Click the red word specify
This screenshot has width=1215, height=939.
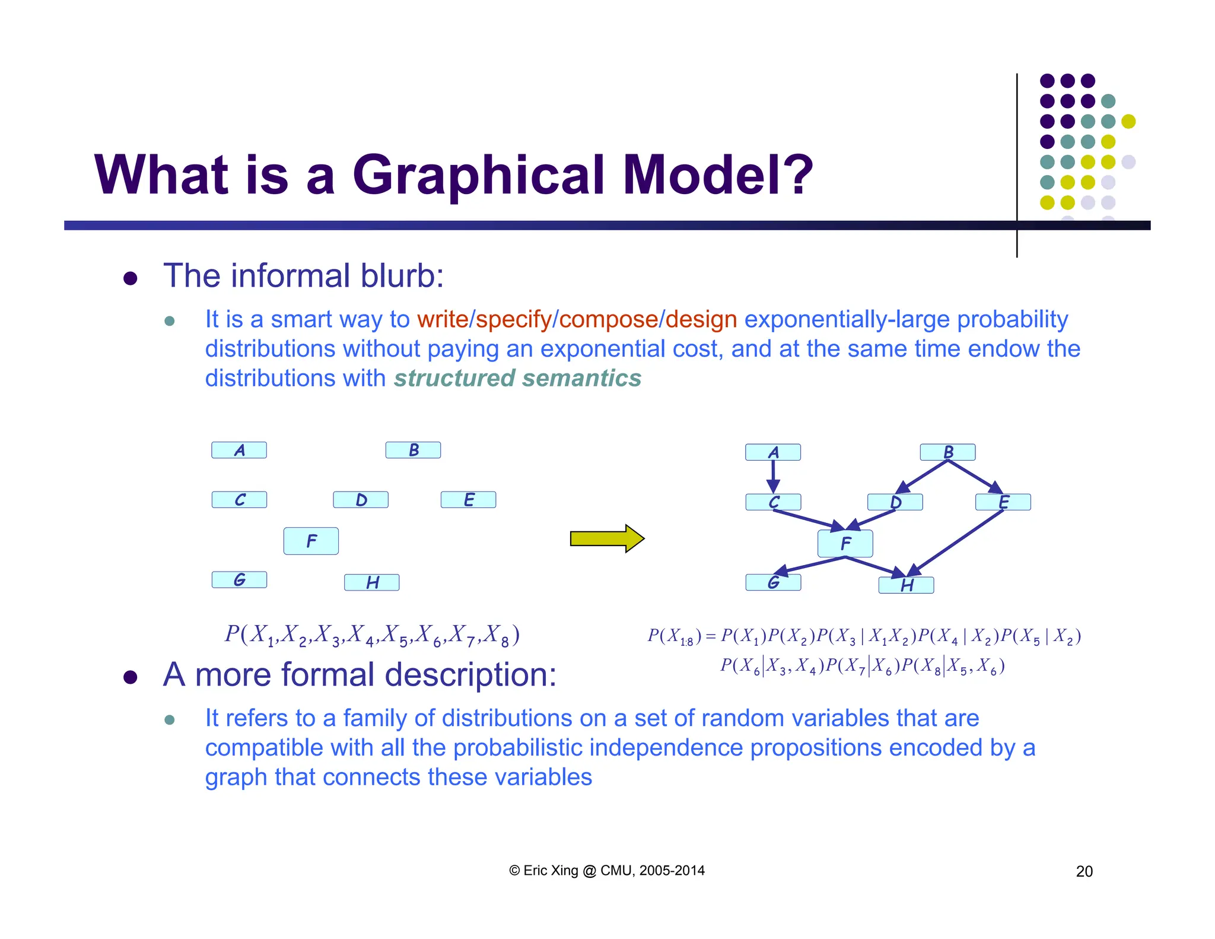pyautogui.click(x=513, y=320)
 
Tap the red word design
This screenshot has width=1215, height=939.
pyautogui.click(x=701, y=320)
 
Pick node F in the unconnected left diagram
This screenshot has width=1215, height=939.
pyautogui.click(x=311, y=541)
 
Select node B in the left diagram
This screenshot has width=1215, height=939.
pyautogui.click(x=413, y=450)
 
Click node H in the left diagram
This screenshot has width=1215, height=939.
pyautogui.click(x=371, y=582)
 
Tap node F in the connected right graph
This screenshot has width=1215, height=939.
pyautogui.click(x=845, y=543)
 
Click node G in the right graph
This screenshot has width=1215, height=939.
pyautogui.click(x=772, y=583)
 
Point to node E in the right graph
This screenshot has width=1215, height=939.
pyautogui.click(x=1003, y=502)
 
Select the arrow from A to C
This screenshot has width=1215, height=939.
pyautogui.click(x=773, y=475)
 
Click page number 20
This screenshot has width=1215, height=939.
pyautogui.click(x=1084, y=871)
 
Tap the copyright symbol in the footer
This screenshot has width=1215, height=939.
pyautogui.click(x=514, y=871)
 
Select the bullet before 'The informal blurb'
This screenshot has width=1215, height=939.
pyautogui.click(x=131, y=278)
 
